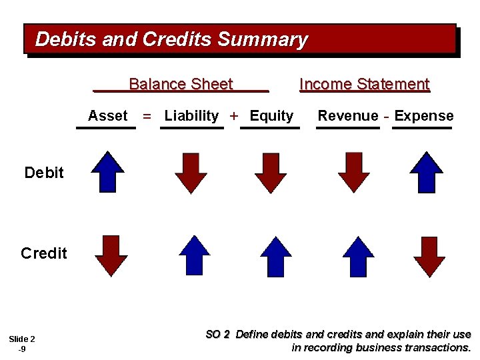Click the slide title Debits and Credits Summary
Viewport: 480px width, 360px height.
point(171,40)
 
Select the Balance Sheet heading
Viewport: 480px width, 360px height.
point(180,85)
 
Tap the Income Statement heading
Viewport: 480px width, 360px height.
point(365,85)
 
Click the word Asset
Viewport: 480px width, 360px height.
point(107,116)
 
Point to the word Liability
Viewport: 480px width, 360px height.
point(191,116)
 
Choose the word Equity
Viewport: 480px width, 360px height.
point(271,116)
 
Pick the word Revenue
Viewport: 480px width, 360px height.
point(347,116)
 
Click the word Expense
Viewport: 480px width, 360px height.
point(424,116)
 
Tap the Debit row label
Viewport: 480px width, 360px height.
point(44,173)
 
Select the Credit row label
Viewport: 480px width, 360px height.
point(44,253)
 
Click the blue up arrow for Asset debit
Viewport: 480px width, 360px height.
point(108,172)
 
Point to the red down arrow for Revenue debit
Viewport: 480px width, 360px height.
point(354,173)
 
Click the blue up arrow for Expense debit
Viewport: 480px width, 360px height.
point(426,172)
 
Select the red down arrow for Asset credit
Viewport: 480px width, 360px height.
point(111,255)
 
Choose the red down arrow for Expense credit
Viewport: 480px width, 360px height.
point(429,256)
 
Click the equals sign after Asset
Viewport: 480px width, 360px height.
point(147,117)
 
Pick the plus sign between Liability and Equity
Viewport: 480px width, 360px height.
point(234,116)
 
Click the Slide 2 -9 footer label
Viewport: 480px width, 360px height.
point(22,343)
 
